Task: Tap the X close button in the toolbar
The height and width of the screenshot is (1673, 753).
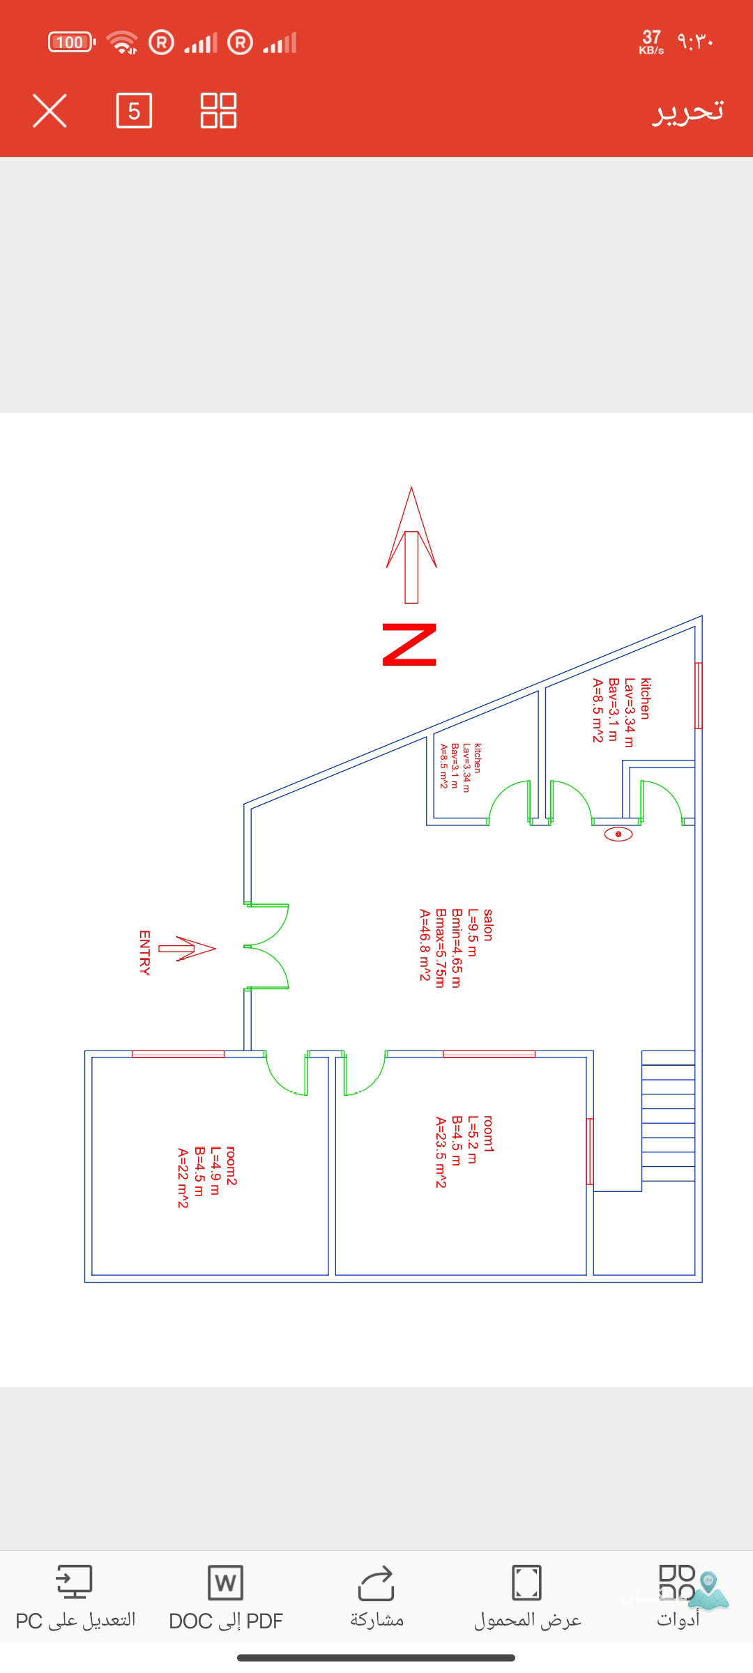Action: (50, 111)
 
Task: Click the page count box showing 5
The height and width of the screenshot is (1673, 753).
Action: (134, 111)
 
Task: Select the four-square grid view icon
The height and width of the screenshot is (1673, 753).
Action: (218, 111)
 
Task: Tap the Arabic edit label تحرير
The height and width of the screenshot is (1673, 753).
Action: (687, 111)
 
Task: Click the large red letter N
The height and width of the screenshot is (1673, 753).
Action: (409, 645)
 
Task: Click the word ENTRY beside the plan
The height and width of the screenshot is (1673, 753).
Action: (145, 952)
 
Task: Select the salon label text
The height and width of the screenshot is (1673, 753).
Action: (488, 925)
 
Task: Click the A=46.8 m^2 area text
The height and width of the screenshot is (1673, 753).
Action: (425, 945)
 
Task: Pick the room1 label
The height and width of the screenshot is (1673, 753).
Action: (488, 1133)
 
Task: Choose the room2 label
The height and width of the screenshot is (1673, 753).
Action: (231, 1166)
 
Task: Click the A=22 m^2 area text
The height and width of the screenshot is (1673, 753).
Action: (183, 1178)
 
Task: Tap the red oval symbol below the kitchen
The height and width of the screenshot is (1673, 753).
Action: (618, 834)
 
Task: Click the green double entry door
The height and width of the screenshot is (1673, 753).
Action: (267, 947)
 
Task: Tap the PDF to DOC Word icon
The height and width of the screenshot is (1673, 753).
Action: (225, 1583)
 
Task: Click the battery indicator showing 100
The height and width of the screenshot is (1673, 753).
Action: (71, 43)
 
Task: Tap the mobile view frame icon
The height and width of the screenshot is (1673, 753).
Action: (526, 1582)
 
